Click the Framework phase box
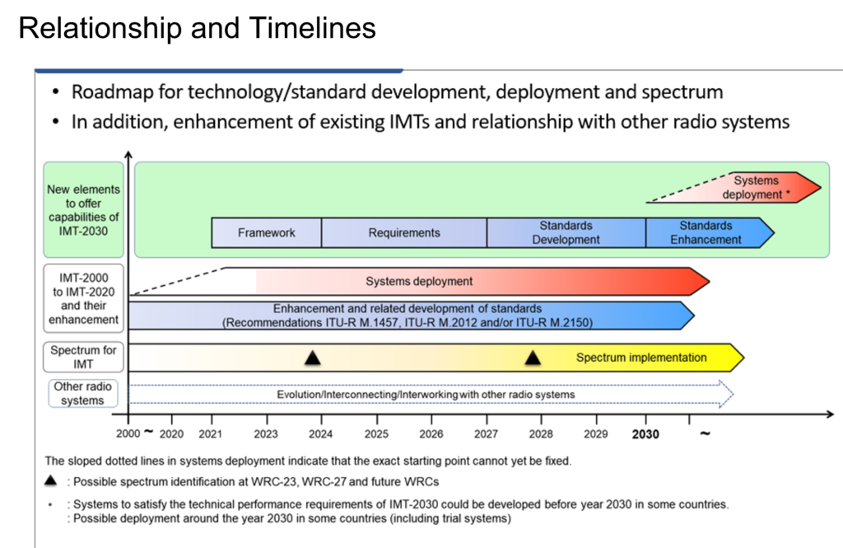coord(266,232)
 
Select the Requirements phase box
coord(403,232)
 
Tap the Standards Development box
coord(566,232)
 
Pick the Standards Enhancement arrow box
coord(706,232)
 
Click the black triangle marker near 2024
coord(312,358)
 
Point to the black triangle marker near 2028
coord(533,358)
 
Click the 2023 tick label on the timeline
coord(266,433)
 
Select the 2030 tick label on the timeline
coord(646,433)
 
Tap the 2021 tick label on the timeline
coord(212,433)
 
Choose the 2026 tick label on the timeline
coord(431,433)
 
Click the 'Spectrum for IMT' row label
coord(83,357)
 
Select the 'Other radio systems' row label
coord(82,393)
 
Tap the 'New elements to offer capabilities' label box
coord(83,209)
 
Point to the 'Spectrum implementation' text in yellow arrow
coord(640,358)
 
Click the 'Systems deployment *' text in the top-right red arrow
coord(757,187)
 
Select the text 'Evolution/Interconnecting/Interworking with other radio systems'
coord(426,395)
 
